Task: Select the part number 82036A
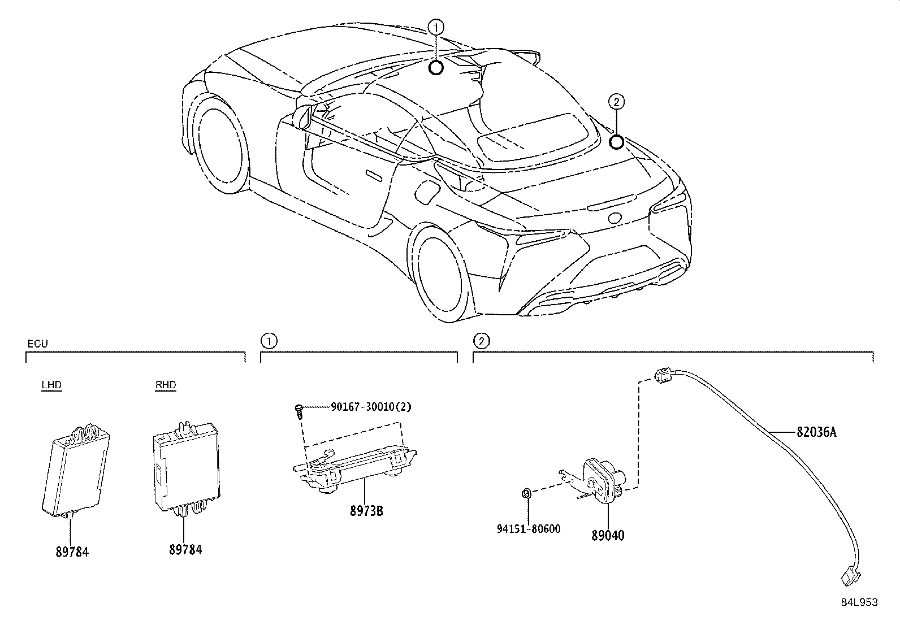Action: (816, 432)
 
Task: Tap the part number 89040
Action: (608, 535)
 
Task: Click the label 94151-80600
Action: (529, 529)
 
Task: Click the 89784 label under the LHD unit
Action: (72, 552)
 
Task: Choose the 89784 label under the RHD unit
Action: (185, 549)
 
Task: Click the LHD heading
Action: (51, 385)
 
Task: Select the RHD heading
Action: (166, 385)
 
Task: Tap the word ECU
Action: (37, 344)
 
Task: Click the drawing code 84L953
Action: (859, 602)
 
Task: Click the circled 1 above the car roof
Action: (435, 27)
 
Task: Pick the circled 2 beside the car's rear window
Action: (617, 102)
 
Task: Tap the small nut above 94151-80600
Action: (525, 494)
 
